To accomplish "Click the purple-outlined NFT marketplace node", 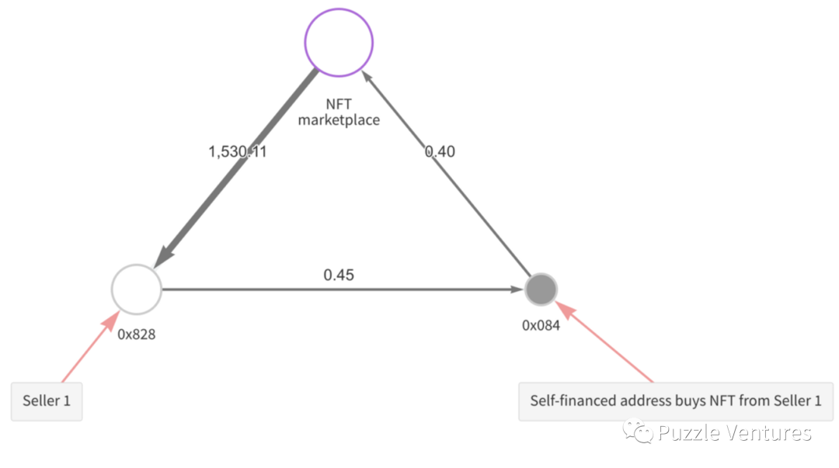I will pyautogui.click(x=338, y=43).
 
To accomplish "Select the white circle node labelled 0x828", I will pyautogui.click(x=136, y=289).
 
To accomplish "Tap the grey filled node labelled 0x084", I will pyautogui.click(x=541, y=289).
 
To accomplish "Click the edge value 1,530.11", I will pyautogui.click(x=237, y=152).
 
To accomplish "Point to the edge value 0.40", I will pyautogui.click(x=440, y=151).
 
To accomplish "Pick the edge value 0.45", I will pyautogui.click(x=339, y=275).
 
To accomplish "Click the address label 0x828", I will pyautogui.click(x=137, y=335).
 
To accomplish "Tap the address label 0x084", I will pyautogui.click(x=541, y=325).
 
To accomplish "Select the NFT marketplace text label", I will pyautogui.click(x=339, y=112).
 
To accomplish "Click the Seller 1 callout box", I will pyautogui.click(x=47, y=401).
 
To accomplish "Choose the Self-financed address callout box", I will pyautogui.click(x=675, y=401).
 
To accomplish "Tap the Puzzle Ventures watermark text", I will pyautogui.click(x=734, y=432).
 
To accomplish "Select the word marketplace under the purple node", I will pyautogui.click(x=339, y=120).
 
